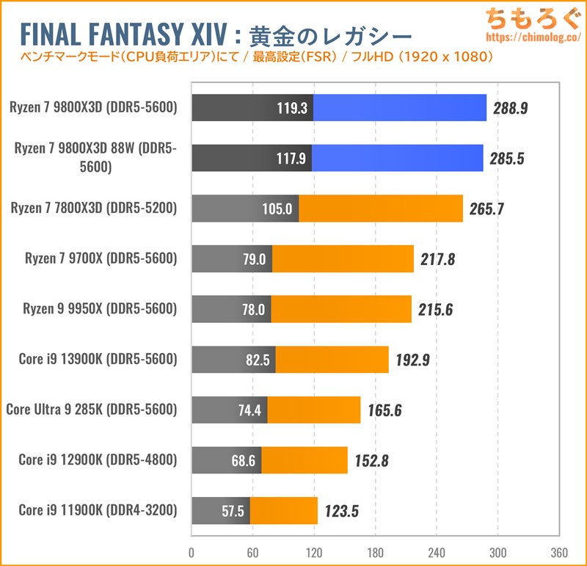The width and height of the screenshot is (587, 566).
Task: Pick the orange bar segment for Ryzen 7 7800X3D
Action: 380,208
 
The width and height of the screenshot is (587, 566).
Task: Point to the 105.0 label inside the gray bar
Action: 277,208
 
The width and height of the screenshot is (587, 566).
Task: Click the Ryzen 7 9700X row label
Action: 101,258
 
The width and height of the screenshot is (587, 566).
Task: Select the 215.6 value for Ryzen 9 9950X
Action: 434,309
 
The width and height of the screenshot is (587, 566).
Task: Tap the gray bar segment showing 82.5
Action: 233,359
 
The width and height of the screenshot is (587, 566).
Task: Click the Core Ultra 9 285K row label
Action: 92,409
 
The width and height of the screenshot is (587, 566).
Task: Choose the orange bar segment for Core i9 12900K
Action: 304,460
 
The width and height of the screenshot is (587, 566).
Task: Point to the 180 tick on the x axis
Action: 375,552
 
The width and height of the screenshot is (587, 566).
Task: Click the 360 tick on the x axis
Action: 559,552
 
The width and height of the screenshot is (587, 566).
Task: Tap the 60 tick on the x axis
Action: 252,552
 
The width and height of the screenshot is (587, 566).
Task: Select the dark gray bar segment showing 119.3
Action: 252,108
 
